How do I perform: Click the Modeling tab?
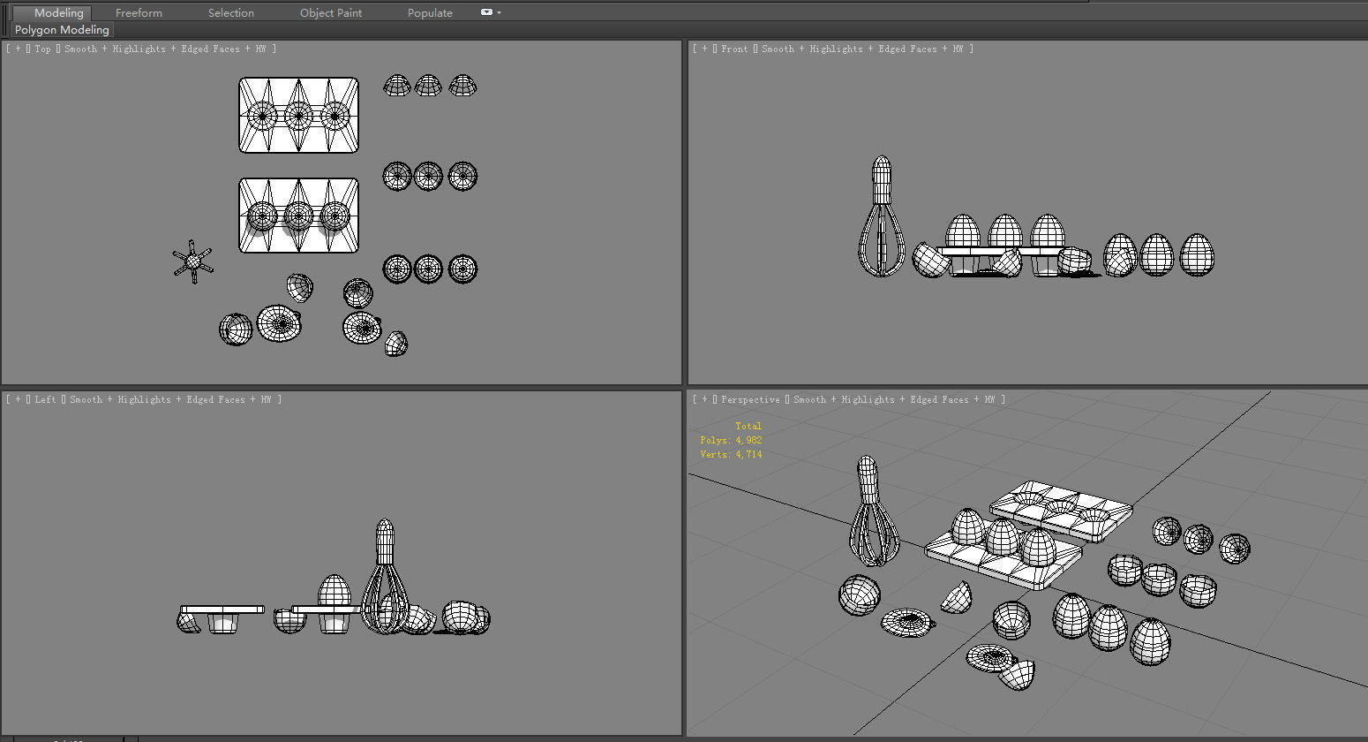pyautogui.click(x=58, y=13)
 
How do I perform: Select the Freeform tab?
pyautogui.click(x=139, y=13)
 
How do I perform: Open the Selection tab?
pyautogui.click(x=231, y=13)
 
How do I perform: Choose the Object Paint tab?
pyautogui.click(x=330, y=13)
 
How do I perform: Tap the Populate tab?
pyautogui.click(x=430, y=13)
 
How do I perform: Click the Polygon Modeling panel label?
pyautogui.click(x=62, y=29)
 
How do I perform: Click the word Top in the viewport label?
pyautogui.click(x=42, y=49)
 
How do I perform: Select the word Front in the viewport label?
pyautogui.click(x=734, y=49)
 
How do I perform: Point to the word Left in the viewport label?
pyautogui.click(x=45, y=400)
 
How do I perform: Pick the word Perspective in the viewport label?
pyautogui.click(x=750, y=400)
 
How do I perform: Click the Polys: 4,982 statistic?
pyautogui.click(x=731, y=440)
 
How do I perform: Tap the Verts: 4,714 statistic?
pyautogui.click(x=731, y=454)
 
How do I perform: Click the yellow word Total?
pyautogui.click(x=748, y=426)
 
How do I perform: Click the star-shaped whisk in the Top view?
pyautogui.click(x=193, y=261)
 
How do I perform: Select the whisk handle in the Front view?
pyautogui.click(x=882, y=179)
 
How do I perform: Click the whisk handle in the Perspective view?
pyautogui.click(x=868, y=480)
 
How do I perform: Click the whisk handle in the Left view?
pyautogui.click(x=385, y=542)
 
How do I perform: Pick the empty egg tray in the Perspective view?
pyautogui.click(x=1061, y=511)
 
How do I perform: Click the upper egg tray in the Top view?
pyautogui.click(x=298, y=115)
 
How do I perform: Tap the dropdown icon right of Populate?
pyautogui.click(x=491, y=12)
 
